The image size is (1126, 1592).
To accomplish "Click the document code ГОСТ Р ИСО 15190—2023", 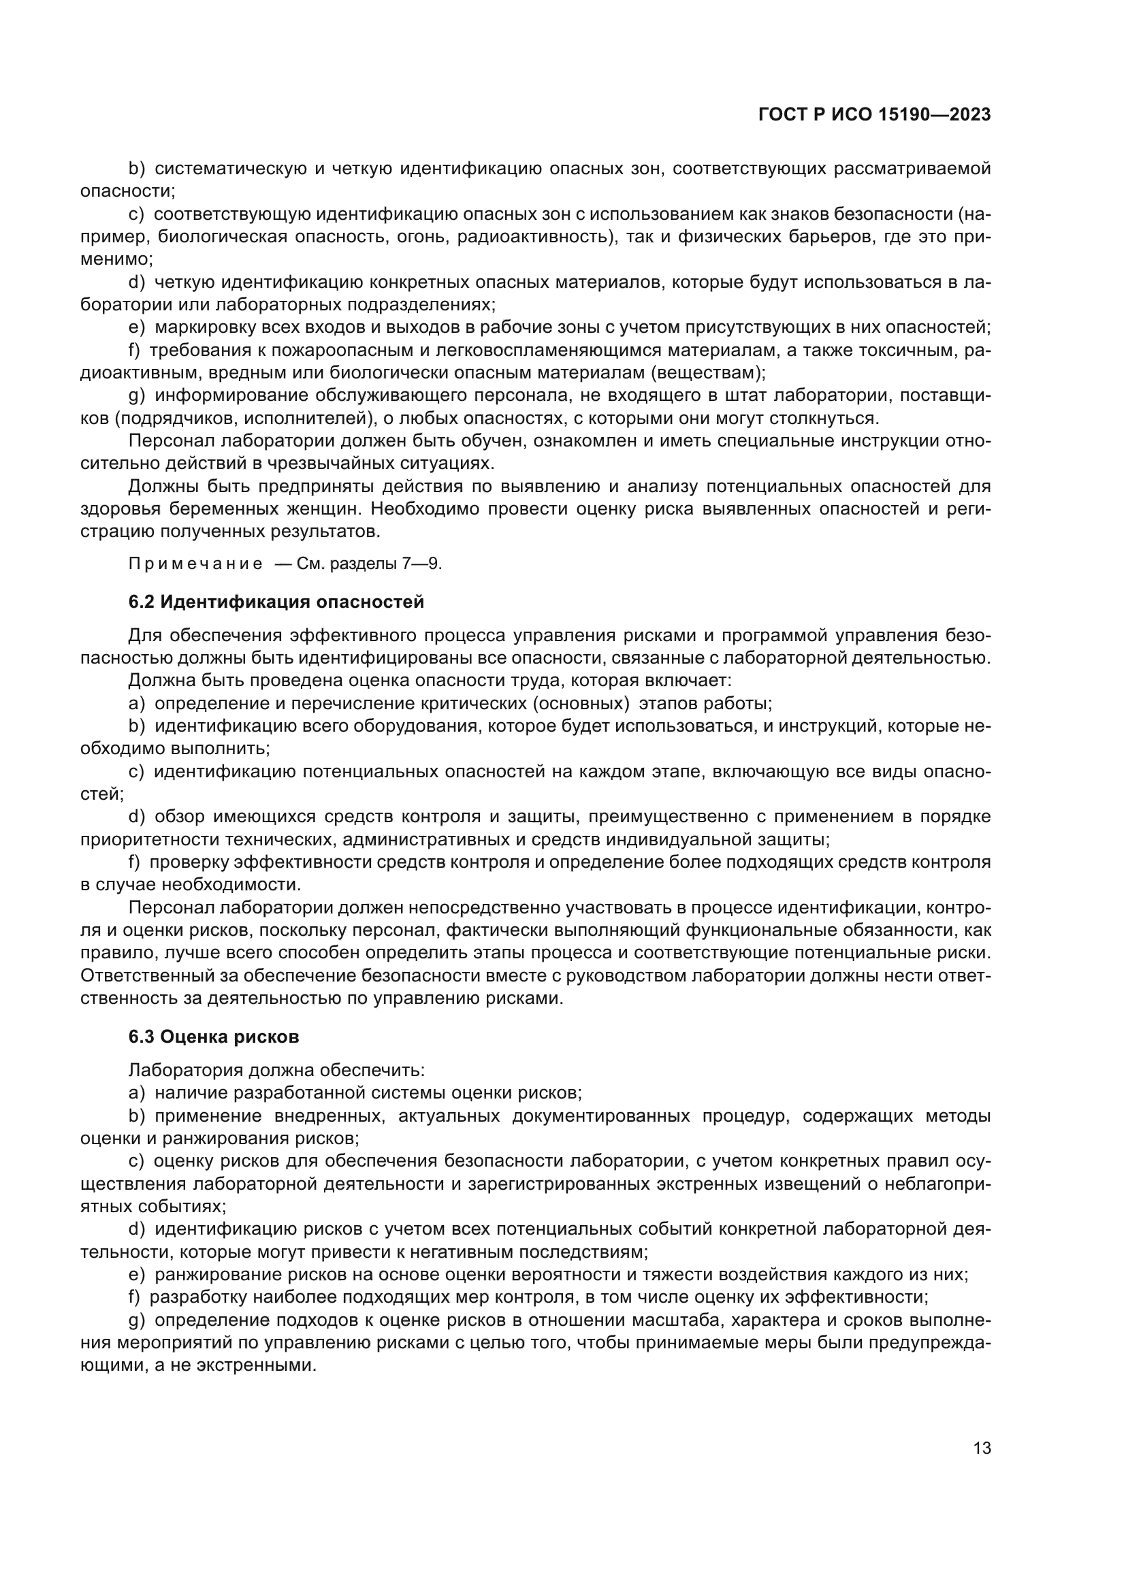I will click(874, 115).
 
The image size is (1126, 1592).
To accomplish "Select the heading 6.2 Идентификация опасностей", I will click(276, 602).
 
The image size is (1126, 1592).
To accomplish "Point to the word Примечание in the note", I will click(195, 564).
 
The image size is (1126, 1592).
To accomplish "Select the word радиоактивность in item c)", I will click(525, 237).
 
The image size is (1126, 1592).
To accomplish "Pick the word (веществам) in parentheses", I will click(707, 373).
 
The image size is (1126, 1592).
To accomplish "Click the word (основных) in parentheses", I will click(580, 704).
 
